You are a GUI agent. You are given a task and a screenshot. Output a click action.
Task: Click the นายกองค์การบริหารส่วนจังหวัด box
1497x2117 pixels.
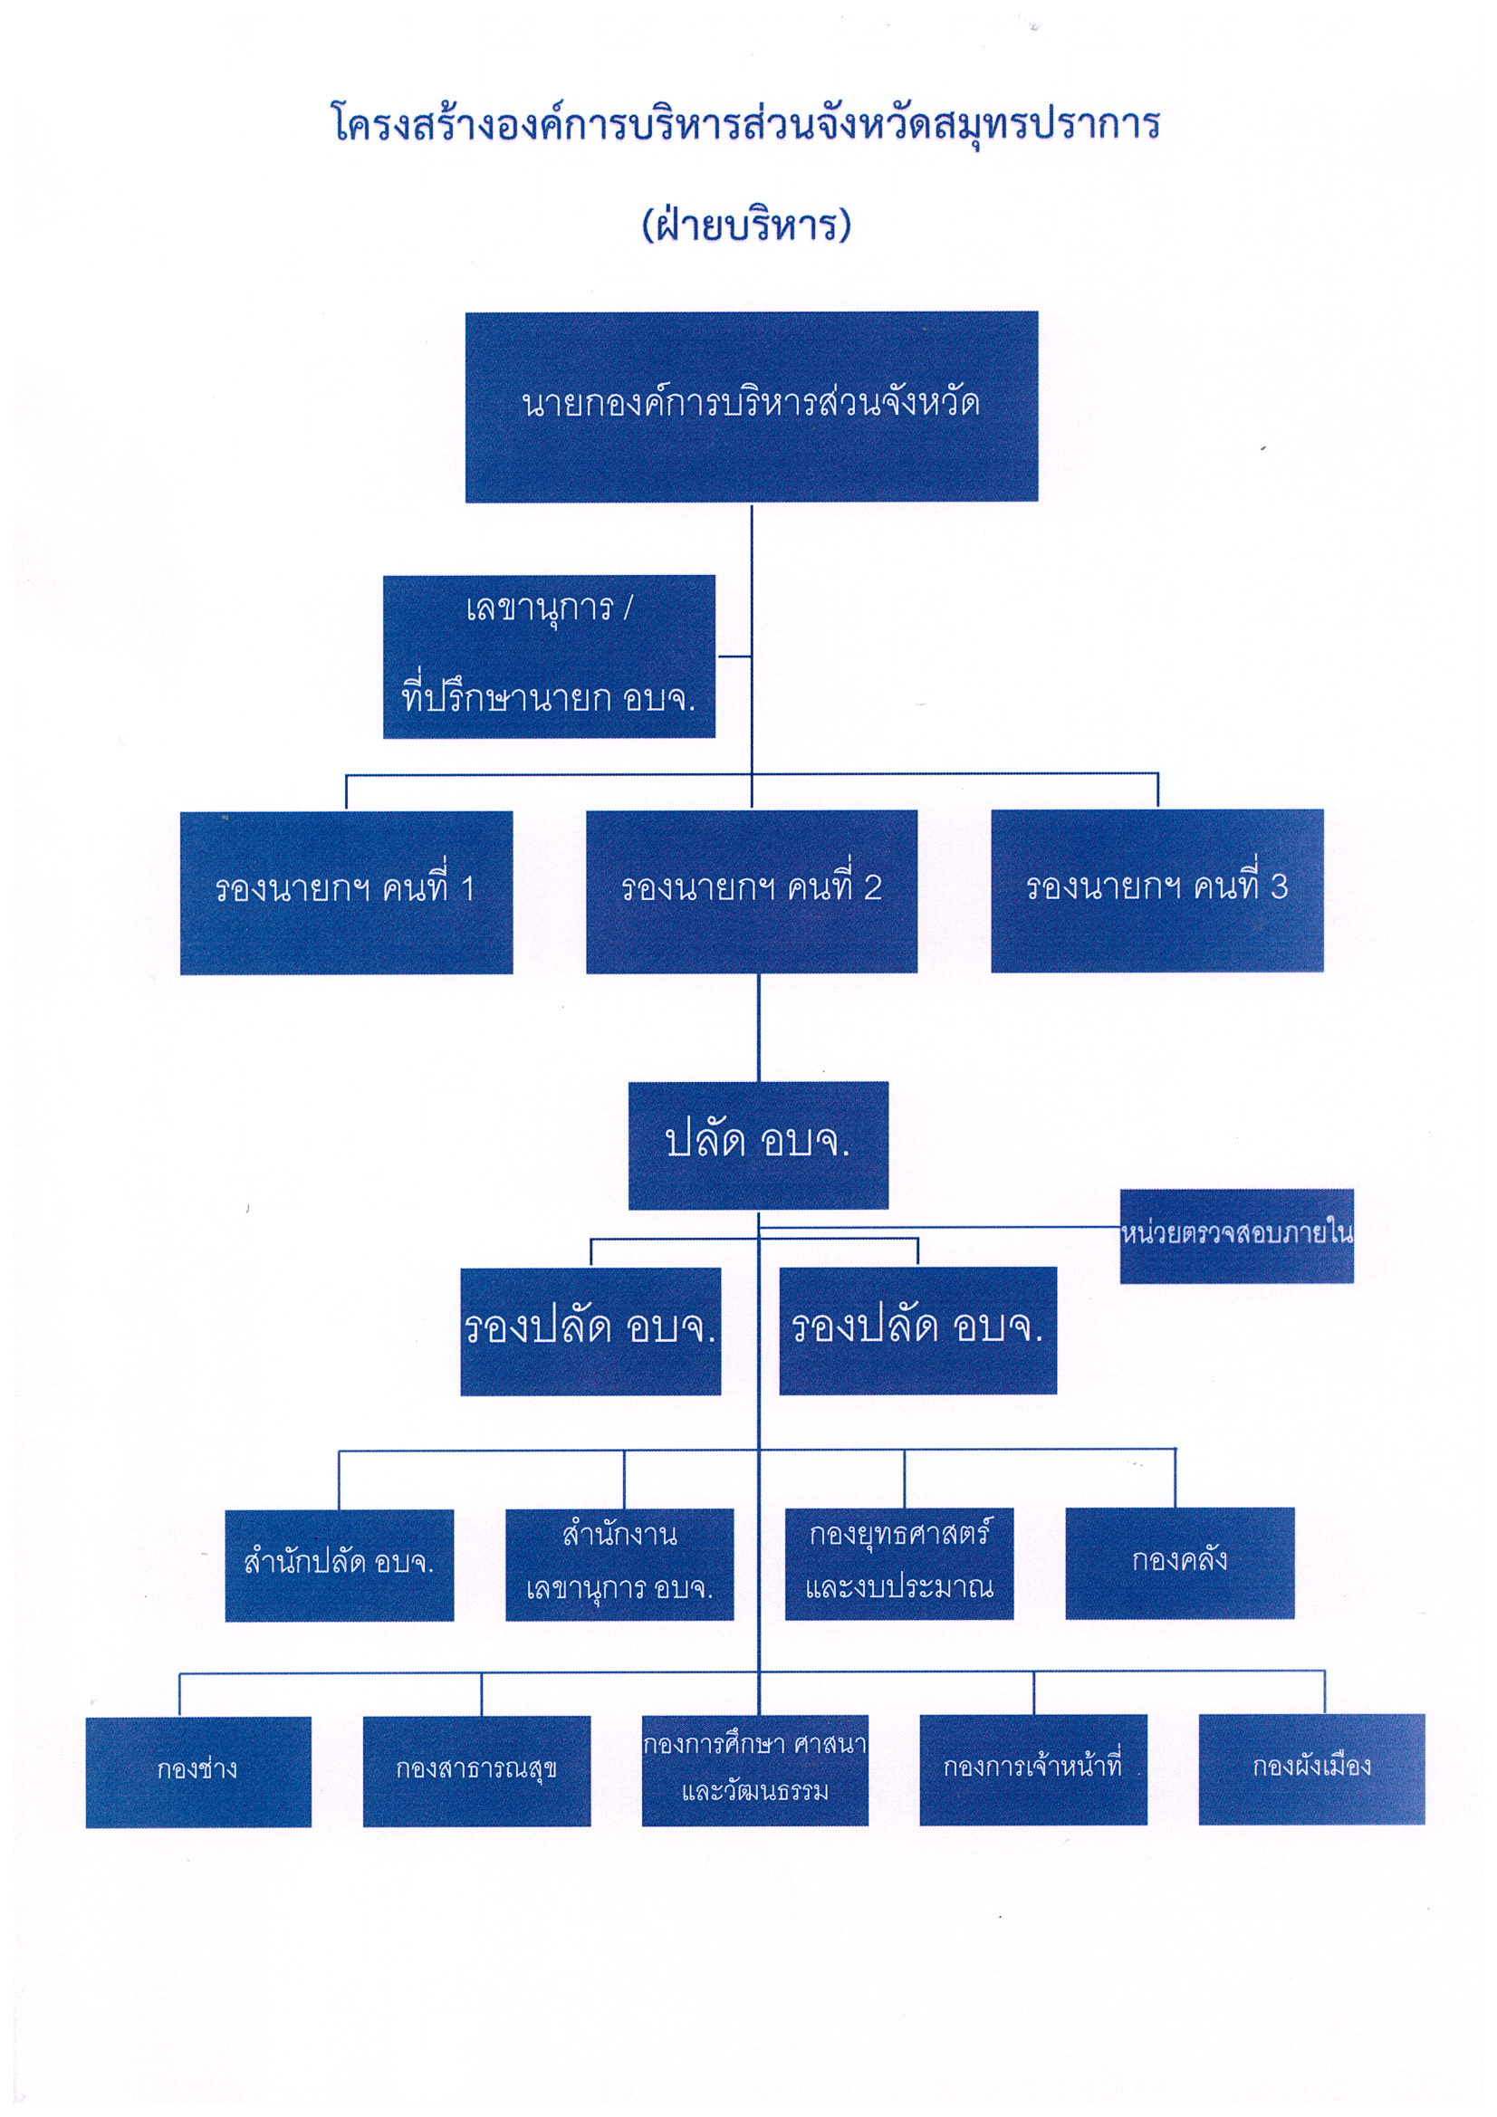click(751, 407)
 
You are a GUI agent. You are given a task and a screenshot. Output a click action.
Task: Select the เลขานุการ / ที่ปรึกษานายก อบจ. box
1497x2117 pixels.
click(549, 656)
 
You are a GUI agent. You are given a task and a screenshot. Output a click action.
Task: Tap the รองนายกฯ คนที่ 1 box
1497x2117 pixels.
click(346, 893)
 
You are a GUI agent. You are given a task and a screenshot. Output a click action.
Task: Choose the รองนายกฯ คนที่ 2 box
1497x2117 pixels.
click(752, 892)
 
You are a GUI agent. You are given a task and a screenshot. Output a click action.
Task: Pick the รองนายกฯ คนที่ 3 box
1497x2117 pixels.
click(1157, 891)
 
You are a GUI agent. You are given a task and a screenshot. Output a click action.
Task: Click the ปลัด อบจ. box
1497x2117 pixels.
click(758, 1145)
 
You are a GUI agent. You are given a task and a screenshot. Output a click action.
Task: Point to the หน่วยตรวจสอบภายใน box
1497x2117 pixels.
click(1237, 1236)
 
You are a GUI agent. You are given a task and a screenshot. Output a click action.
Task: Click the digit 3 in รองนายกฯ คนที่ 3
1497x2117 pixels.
click(1279, 887)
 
